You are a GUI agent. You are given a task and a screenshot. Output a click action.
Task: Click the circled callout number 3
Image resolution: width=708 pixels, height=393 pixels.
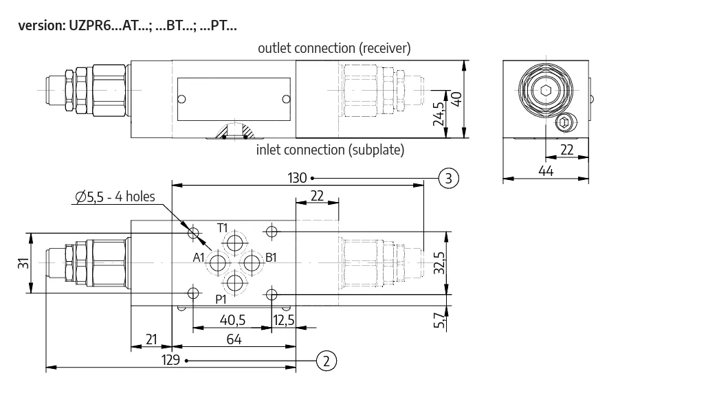448,178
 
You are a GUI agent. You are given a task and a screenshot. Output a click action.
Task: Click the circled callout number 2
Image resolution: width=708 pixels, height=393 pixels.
327,361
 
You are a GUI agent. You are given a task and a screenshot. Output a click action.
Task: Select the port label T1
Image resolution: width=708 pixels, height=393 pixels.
222,228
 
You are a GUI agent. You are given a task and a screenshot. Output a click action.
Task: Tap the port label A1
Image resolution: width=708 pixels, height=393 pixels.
199,258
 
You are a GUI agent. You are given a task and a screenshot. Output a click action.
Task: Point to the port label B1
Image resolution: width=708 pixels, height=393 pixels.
271,258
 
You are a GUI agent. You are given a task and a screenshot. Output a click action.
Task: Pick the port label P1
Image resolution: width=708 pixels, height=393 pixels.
221,299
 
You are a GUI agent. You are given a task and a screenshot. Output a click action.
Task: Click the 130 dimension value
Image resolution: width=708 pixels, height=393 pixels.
297,178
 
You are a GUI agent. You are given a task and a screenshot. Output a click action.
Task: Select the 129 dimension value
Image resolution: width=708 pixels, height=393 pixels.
170,359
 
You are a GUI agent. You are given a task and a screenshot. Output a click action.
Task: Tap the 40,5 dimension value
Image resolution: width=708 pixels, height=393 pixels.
232,320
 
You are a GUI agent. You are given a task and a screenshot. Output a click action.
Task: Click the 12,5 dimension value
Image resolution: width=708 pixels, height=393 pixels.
284,320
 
